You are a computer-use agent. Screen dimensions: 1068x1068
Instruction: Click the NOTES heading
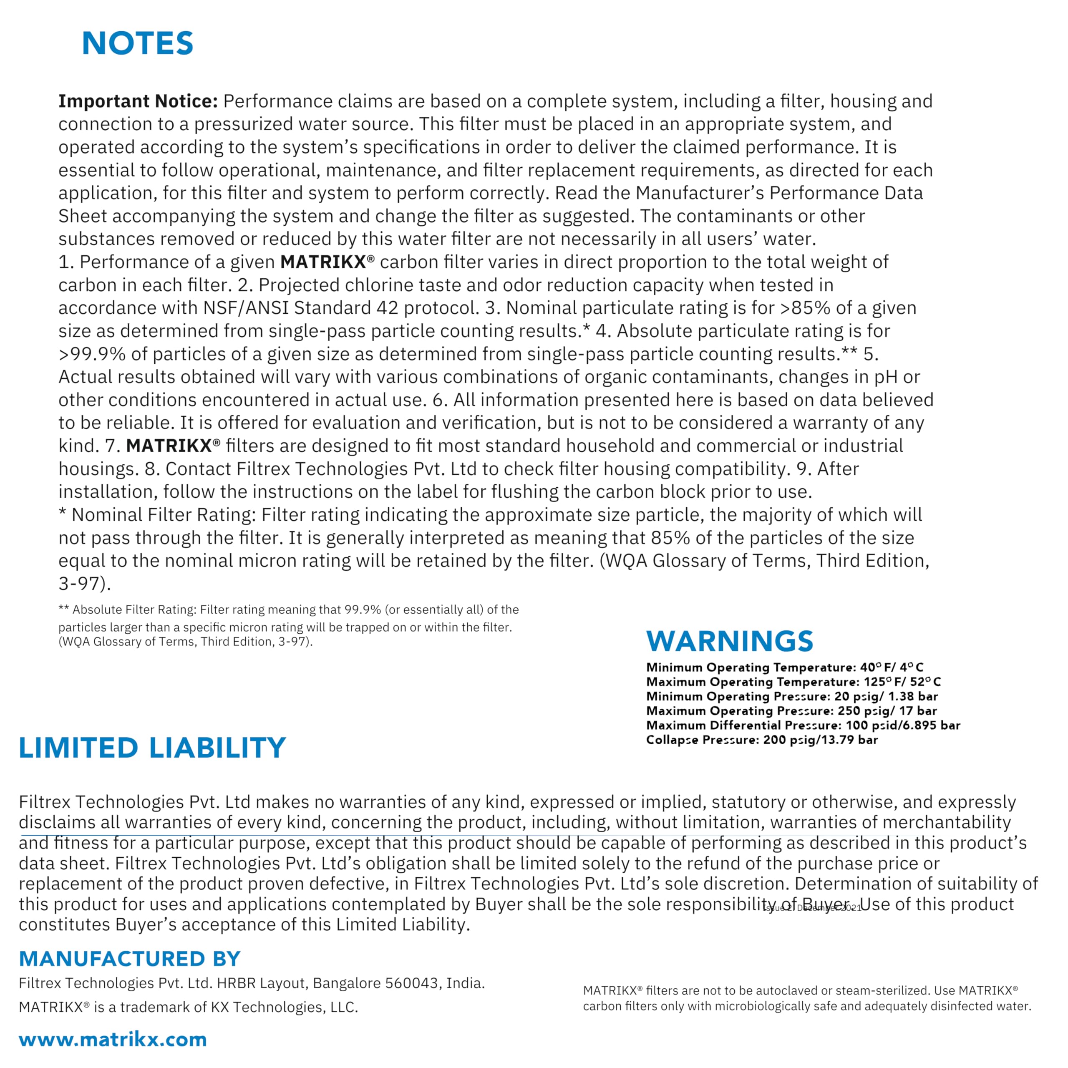[x=137, y=44]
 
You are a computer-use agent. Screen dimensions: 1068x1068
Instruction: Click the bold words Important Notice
[x=138, y=101]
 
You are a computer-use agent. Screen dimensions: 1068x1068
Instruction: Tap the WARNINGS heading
[x=729, y=641]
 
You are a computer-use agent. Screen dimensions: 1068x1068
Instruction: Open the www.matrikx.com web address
[x=113, y=1039]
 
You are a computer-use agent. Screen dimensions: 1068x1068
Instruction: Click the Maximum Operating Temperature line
[x=793, y=682]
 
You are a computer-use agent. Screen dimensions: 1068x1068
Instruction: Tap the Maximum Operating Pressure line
[x=791, y=711]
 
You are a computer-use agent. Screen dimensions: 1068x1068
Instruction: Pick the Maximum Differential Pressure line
[x=803, y=725]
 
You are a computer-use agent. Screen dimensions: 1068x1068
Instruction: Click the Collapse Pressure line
[x=761, y=740]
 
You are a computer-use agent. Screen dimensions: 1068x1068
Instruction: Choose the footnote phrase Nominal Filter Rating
[x=164, y=515]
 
